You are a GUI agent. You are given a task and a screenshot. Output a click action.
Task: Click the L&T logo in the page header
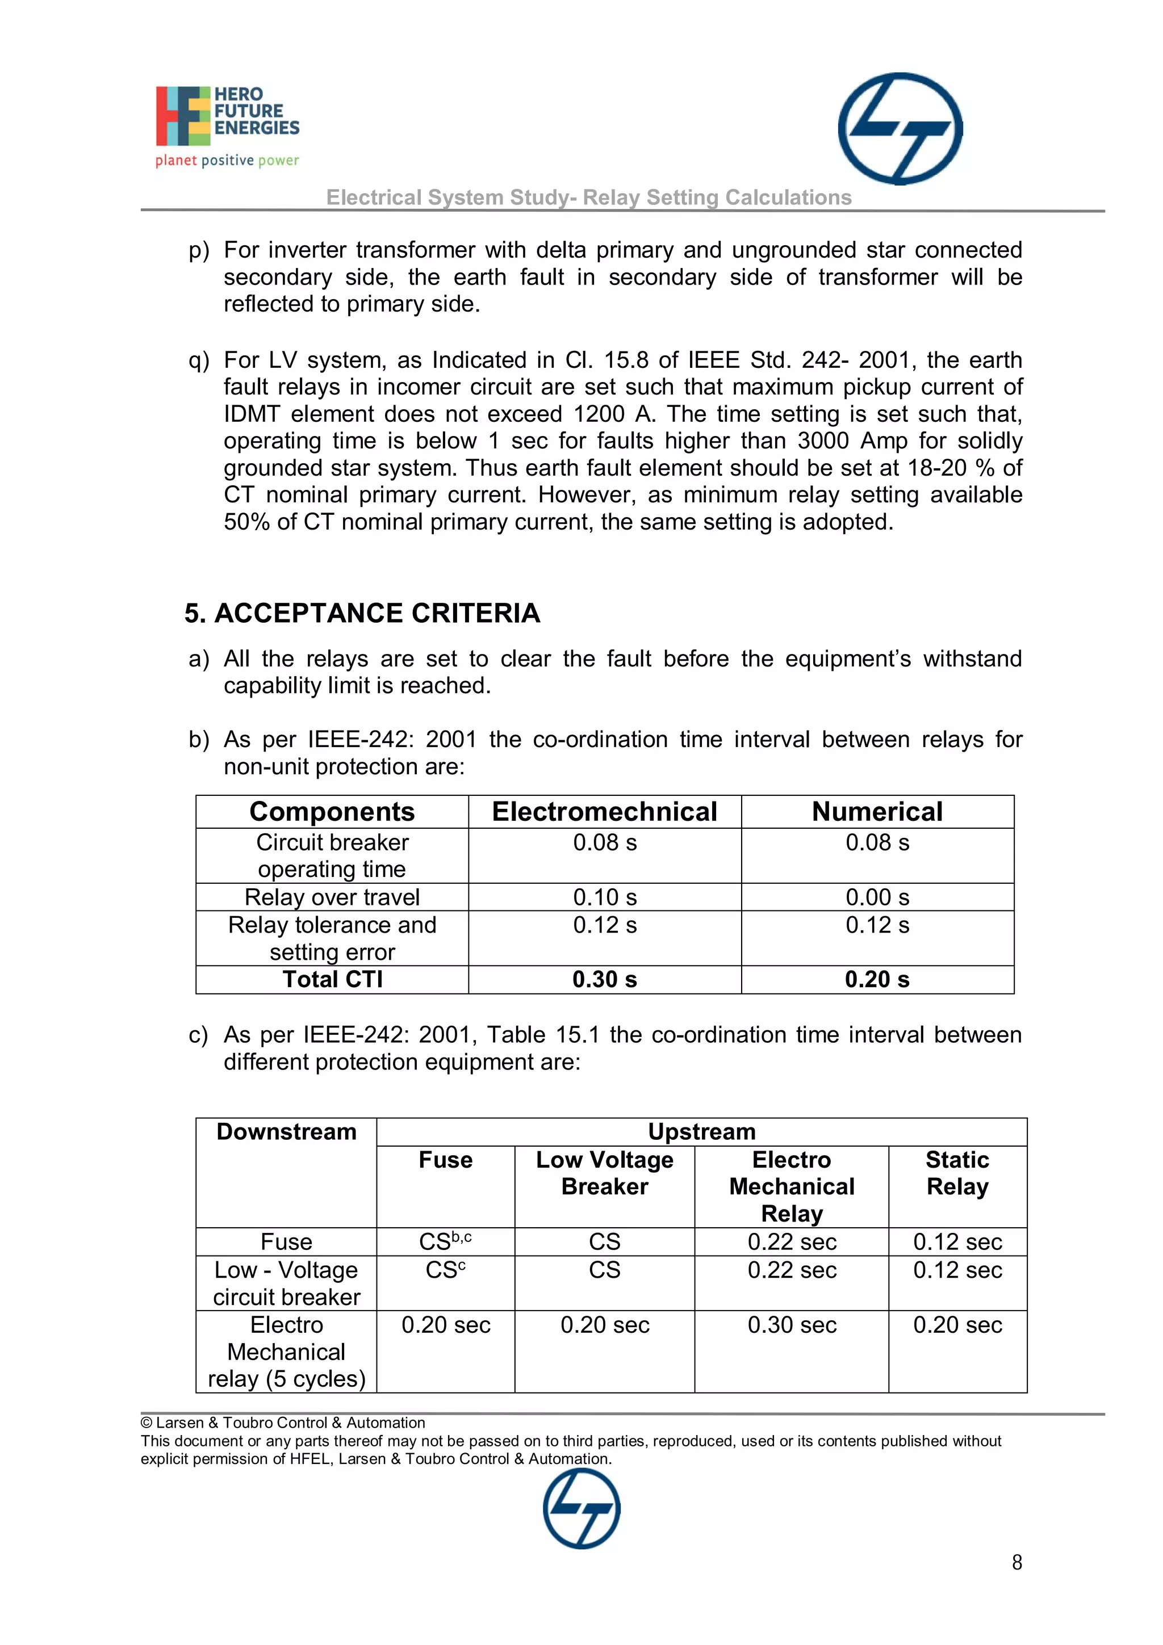900,128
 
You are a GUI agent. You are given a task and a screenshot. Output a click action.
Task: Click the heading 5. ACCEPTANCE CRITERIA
362,613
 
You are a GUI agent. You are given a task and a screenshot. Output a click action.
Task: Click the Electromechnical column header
604,812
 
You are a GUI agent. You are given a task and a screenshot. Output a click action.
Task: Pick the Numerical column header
877,812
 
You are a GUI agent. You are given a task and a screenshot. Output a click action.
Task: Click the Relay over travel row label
332,897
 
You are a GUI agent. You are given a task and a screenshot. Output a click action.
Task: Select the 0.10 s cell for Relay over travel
604,897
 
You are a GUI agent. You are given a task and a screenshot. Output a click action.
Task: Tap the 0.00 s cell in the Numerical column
877,897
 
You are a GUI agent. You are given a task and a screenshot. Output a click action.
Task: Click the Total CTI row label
332,979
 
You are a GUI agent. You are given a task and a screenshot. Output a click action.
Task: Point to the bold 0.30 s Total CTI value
604,979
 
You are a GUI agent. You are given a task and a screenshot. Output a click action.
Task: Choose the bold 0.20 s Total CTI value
877,979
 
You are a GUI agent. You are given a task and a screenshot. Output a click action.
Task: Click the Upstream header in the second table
701,1131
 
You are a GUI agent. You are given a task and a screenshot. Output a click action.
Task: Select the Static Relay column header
957,1173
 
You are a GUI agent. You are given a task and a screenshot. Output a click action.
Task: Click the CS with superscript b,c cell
445,1241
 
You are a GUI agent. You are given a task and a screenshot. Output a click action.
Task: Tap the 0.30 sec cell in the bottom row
792,1325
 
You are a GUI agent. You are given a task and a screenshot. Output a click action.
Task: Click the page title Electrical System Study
588,197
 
